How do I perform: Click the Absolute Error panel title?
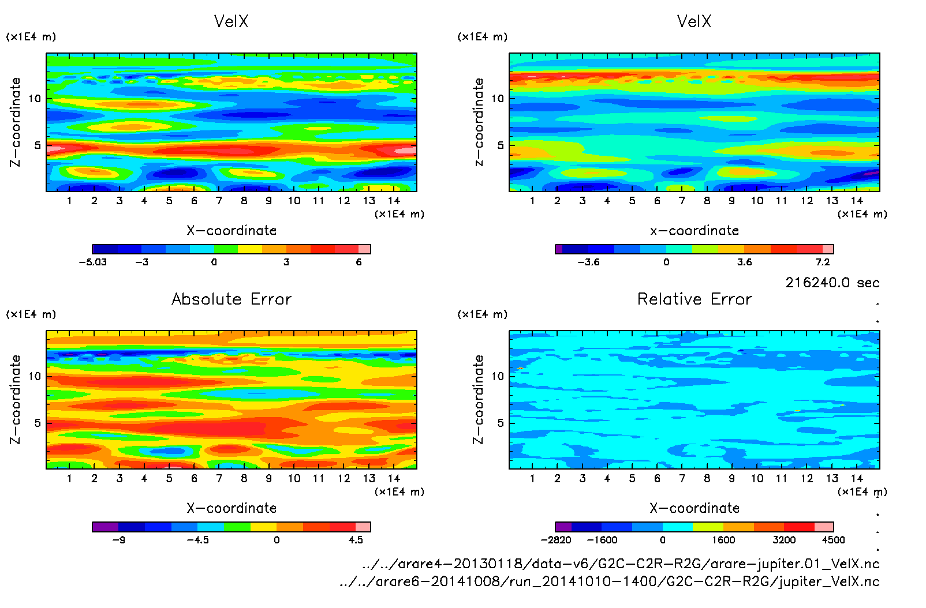(x=231, y=299)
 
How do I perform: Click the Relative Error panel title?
(x=694, y=299)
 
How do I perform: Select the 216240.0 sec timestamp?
(x=832, y=283)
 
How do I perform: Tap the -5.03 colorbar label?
(x=93, y=262)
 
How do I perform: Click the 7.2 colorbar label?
(x=822, y=262)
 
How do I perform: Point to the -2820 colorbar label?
(x=556, y=540)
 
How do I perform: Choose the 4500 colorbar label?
(x=833, y=540)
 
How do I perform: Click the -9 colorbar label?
(x=118, y=540)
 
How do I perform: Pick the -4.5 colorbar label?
(x=197, y=540)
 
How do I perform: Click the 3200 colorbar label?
(x=784, y=540)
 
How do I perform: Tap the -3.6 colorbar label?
(x=588, y=262)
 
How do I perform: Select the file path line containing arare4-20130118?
(x=621, y=564)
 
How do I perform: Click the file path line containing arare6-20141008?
(x=609, y=581)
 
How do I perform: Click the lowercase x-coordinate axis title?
(x=694, y=231)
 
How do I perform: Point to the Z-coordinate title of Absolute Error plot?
(x=16, y=399)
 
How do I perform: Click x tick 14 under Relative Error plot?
(x=857, y=478)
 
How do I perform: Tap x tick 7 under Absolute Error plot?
(x=219, y=478)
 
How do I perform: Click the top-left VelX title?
(x=231, y=21)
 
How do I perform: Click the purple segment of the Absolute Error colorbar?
(x=105, y=527)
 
